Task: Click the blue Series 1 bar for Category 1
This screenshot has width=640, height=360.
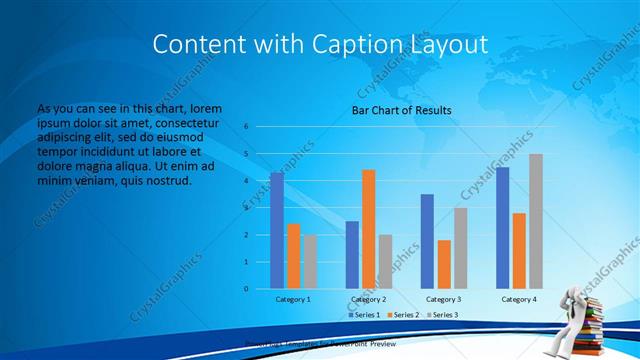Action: [277, 231]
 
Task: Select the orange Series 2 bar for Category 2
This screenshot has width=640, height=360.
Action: [368, 229]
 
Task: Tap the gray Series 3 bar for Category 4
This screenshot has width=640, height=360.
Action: [536, 221]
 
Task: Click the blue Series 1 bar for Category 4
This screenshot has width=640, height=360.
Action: [502, 228]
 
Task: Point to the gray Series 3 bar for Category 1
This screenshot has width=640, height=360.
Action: [310, 262]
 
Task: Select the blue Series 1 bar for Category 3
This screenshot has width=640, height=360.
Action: [427, 241]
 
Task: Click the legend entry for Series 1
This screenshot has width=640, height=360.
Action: [364, 315]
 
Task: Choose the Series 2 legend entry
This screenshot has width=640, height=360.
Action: [403, 315]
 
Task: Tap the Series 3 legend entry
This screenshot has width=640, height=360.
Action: [442, 315]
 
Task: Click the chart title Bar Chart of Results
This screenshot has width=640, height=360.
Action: [401, 110]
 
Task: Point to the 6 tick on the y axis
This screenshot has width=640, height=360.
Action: [245, 127]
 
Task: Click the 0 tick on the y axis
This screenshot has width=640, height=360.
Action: [245, 289]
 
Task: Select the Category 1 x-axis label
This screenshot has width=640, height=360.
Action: [293, 299]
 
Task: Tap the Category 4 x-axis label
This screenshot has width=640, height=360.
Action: [518, 299]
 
